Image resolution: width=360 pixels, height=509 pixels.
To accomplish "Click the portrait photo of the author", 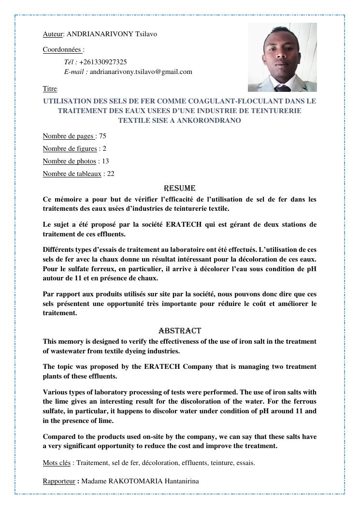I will click(282, 57).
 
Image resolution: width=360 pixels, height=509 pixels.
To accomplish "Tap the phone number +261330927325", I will click(103, 62).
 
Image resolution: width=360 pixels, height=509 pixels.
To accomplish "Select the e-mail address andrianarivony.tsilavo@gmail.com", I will click(141, 72).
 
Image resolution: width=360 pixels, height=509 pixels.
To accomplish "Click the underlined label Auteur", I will click(53, 34).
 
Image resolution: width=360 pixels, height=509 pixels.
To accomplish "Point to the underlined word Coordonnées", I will click(62, 49).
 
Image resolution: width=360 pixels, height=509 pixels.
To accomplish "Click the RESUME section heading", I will click(180, 188).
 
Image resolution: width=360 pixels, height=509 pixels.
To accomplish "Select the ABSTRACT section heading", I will click(180, 331).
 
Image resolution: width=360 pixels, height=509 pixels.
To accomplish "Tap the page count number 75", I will click(102, 136).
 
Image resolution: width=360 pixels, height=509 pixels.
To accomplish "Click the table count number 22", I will click(111, 174).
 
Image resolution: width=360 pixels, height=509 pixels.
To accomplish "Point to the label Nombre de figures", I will click(70, 148).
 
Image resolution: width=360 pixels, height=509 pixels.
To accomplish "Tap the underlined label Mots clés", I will click(57, 463).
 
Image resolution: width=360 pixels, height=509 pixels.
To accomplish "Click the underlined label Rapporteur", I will click(59, 481).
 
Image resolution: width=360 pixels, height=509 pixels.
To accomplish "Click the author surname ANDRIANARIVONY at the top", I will click(100, 34).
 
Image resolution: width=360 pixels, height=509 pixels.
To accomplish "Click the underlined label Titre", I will click(50, 88).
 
